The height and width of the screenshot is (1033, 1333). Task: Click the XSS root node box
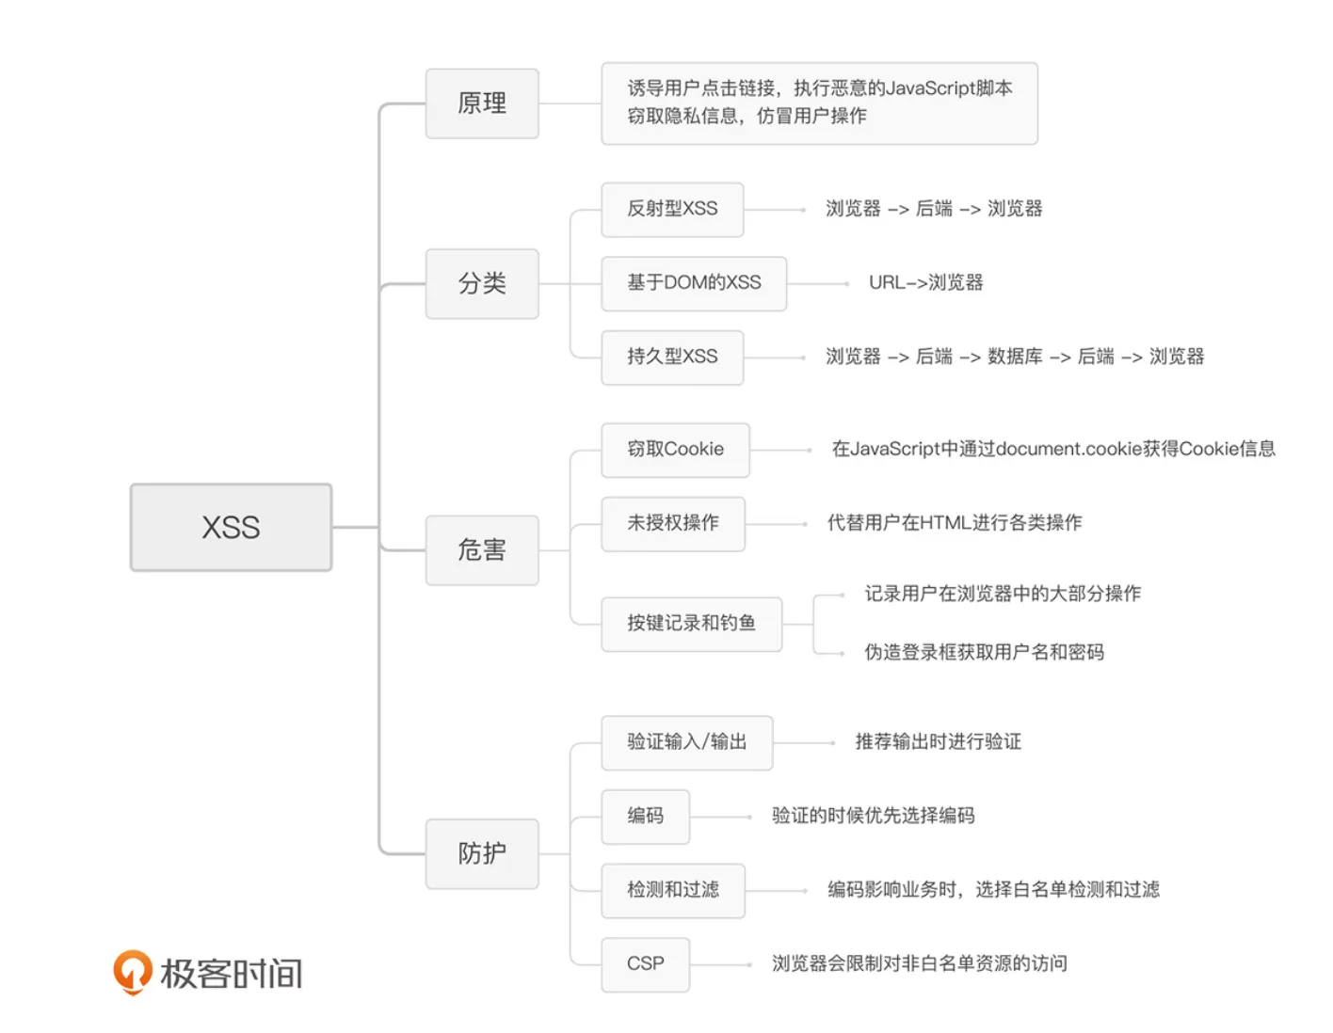pos(231,527)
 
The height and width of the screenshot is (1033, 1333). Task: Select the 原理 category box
pos(482,103)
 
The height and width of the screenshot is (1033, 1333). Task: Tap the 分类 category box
pos(482,283)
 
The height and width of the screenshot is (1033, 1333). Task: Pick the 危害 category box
pos(482,549)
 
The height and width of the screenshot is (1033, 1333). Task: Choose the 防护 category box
pos(482,853)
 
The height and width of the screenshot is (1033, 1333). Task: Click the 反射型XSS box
pos(672,209)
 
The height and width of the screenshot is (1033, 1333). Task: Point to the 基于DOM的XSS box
pos(694,283)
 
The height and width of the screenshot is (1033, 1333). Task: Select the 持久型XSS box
pos(672,357)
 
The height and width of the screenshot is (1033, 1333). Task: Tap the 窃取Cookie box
pos(675,450)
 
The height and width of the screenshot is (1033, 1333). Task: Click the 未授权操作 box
pos(673,523)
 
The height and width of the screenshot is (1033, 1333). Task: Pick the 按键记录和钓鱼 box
pos(691,624)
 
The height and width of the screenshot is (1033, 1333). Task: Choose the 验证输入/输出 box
pos(686,742)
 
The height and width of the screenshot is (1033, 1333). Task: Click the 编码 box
pos(645,816)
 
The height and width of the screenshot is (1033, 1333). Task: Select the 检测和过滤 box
pos(673,890)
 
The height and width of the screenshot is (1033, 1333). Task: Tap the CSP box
pos(645,963)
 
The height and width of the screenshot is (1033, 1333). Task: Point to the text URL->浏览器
pos(925,283)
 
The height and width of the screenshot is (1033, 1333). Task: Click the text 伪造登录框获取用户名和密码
pos(984,652)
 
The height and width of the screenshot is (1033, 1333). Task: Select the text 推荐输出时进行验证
pos(938,742)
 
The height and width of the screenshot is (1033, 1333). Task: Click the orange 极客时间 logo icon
pos(133,971)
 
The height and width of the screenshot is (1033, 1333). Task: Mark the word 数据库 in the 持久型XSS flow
pos(1015,357)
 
